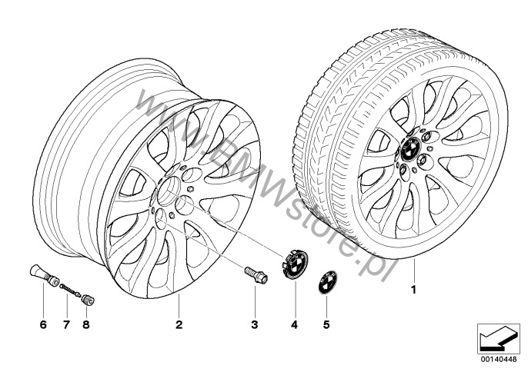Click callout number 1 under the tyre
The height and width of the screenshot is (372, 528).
tap(414, 289)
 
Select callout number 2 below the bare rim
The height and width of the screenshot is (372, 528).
tap(179, 324)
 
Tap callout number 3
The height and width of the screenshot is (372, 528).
tap(255, 324)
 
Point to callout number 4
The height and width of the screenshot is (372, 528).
tap(295, 324)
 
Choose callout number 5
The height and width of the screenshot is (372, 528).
tap(326, 324)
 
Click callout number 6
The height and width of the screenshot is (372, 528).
tap(43, 324)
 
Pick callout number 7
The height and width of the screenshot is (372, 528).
tap(66, 324)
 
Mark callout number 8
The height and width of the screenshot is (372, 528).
tap(86, 324)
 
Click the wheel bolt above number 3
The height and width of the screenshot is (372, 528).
tap(256, 275)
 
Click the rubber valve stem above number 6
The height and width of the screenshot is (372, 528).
tap(44, 276)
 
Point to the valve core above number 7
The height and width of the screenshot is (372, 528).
tap(70, 290)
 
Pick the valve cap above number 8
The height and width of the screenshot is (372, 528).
tap(89, 300)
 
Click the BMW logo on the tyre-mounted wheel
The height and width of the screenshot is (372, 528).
tap(409, 149)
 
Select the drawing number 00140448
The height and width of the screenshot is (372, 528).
tap(499, 359)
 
